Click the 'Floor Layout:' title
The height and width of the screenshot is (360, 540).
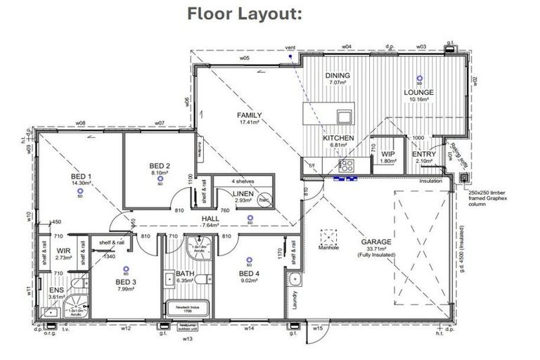click(x=244, y=15)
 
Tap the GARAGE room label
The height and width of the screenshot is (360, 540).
click(x=378, y=241)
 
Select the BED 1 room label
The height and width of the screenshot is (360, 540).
click(x=82, y=176)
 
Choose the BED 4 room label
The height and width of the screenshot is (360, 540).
click(x=250, y=274)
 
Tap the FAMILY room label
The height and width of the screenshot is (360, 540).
click(x=249, y=115)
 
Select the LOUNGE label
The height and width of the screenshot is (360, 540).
click(x=418, y=92)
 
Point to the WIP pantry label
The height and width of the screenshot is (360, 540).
click(x=387, y=154)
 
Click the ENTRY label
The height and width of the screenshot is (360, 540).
click(x=424, y=154)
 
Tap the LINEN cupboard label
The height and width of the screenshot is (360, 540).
click(x=243, y=193)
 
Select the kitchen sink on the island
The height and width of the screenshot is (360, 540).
click(x=344, y=116)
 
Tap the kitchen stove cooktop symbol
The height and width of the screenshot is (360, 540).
click(x=346, y=166)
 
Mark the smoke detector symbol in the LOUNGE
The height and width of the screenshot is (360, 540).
click(x=420, y=79)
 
